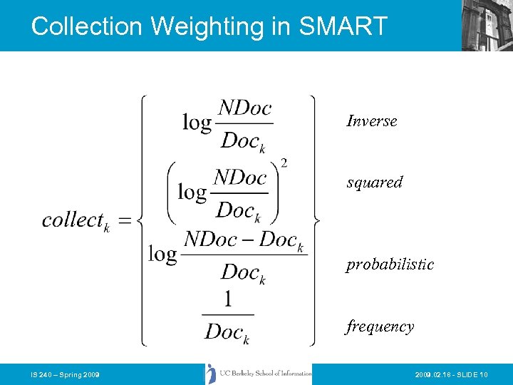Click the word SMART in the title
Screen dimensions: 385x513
point(343,26)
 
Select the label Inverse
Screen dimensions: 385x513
point(371,121)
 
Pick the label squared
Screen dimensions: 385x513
point(374,183)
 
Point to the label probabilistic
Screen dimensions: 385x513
point(390,265)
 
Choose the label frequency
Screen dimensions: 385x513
point(380,327)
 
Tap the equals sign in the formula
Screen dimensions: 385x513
point(125,221)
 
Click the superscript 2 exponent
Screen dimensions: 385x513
point(284,164)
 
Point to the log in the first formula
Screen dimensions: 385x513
point(197,123)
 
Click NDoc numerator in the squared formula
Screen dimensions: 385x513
point(240,177)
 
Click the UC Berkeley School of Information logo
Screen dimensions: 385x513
point(259,374)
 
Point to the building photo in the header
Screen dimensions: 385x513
point(487,26)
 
